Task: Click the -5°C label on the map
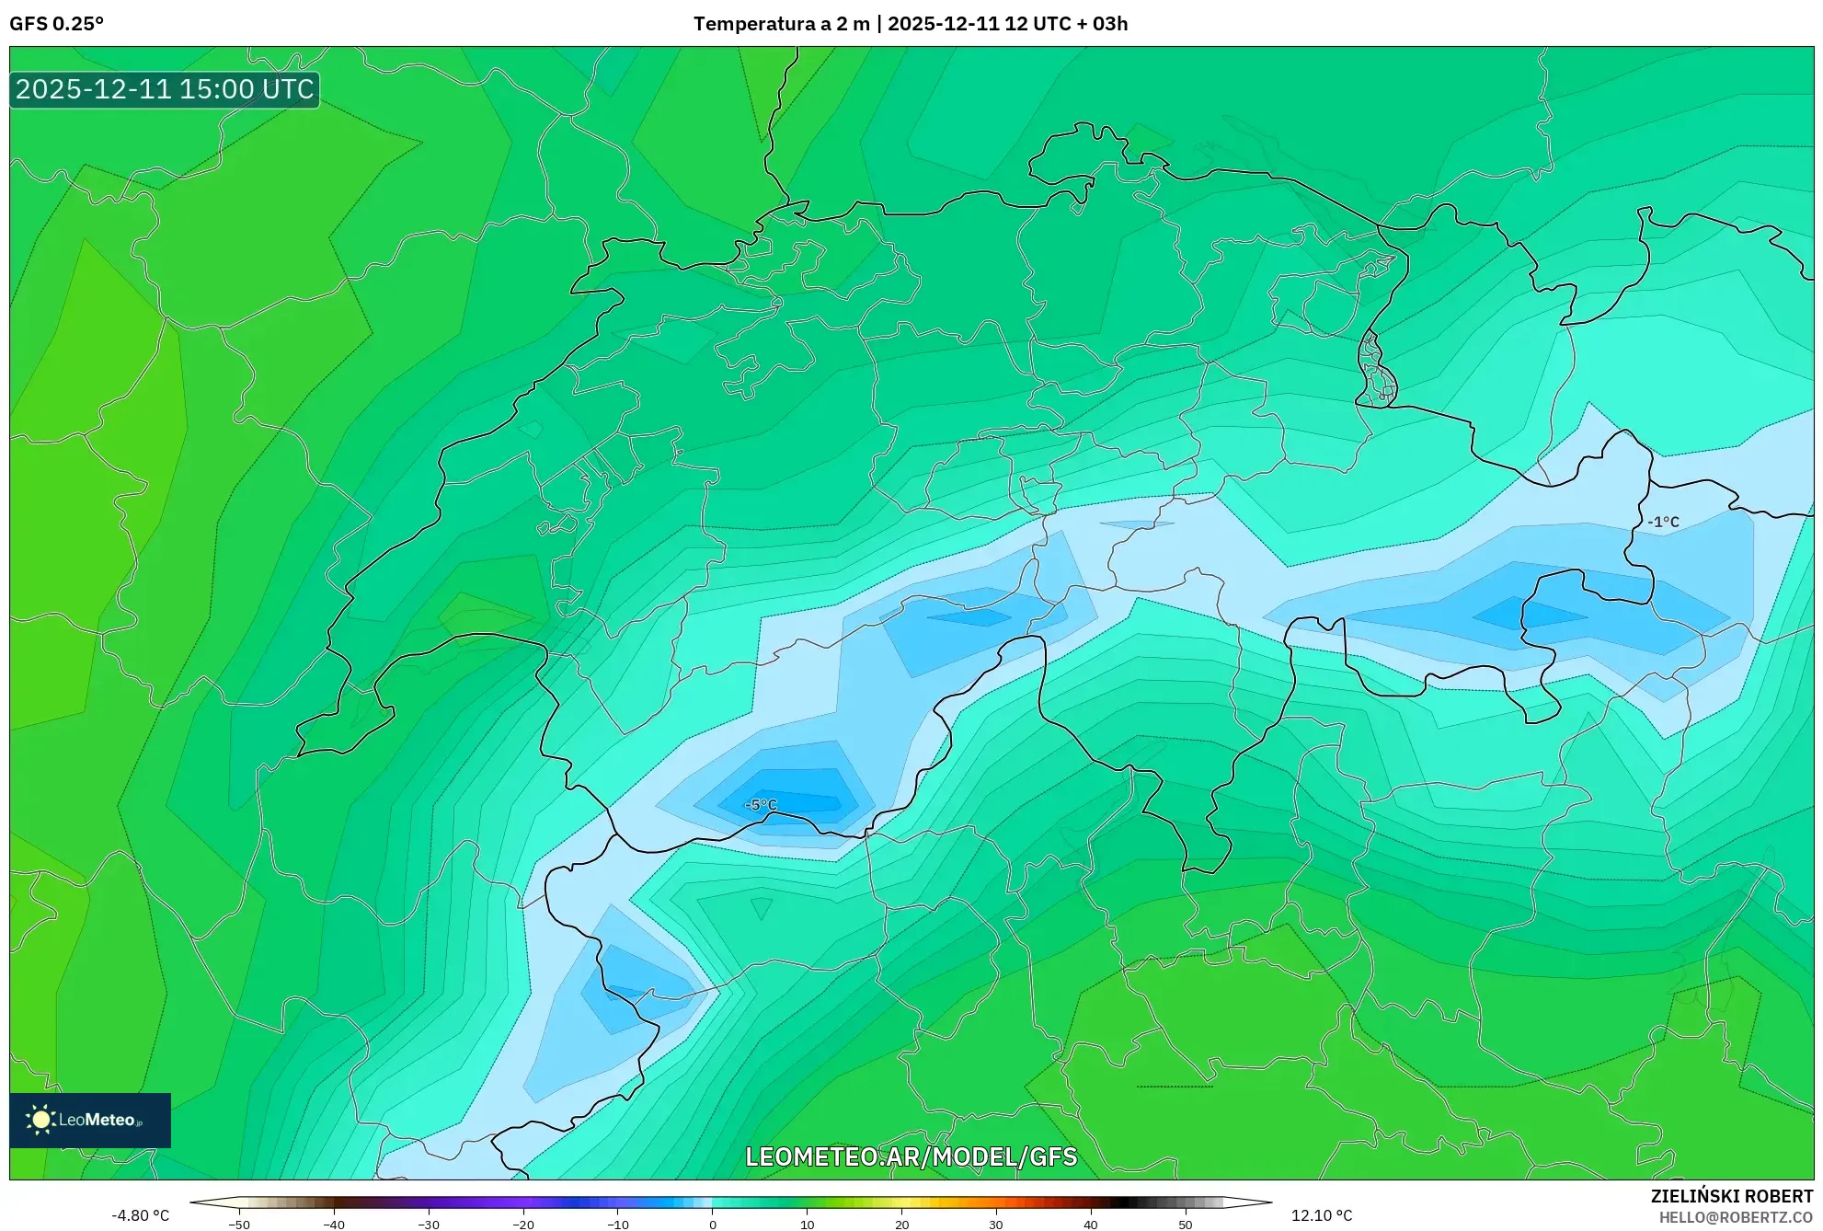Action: coord(761,805)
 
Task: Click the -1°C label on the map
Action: coord(1663,522)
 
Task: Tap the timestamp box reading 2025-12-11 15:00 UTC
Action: coord(165,89)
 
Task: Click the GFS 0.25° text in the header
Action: coord(56,24)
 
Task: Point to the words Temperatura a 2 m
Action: coord(781,24)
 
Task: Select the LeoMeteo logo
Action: coord(90,1120)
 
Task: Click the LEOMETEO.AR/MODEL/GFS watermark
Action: coord(911,1156)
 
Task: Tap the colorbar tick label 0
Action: coord(713,1225)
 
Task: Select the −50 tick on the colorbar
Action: coord(238,1225)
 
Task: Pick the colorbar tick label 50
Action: coord(1186,1225)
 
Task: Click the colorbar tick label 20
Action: coord(901,1225)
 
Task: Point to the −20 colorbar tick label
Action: coord(522,1225)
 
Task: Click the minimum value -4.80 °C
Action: coord(141,1215)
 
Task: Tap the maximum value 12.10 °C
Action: coord(1322,1215)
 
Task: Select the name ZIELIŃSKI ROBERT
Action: coord(1732,1196)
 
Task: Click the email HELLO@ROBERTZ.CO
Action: coord(1736,1217)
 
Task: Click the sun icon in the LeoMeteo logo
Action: coord(40,1120)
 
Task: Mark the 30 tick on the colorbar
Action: coord(996,1225)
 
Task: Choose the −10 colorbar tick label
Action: coord(617,1225)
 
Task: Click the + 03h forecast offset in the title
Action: coord(1102,24)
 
